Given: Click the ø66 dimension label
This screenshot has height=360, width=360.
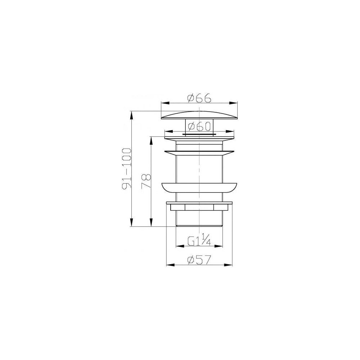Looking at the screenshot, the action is pyautogui.click(x=199, y=98).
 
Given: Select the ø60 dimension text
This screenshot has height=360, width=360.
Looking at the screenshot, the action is pyautogui.click(x=199, y=126).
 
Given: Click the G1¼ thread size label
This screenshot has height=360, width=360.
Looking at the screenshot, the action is pyautogui.click(x=199, y=241).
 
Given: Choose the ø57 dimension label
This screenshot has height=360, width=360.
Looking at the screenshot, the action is pyautogui.click(x=199, y=260).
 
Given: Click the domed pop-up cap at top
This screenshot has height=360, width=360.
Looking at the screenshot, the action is pyautogui.click(x=199, y=115).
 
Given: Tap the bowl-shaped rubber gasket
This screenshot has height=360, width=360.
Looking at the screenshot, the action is pyautogui.click(x=199, y=188).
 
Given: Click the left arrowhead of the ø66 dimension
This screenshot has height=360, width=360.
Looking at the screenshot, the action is pyautogui.click(x=165, y=103).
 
